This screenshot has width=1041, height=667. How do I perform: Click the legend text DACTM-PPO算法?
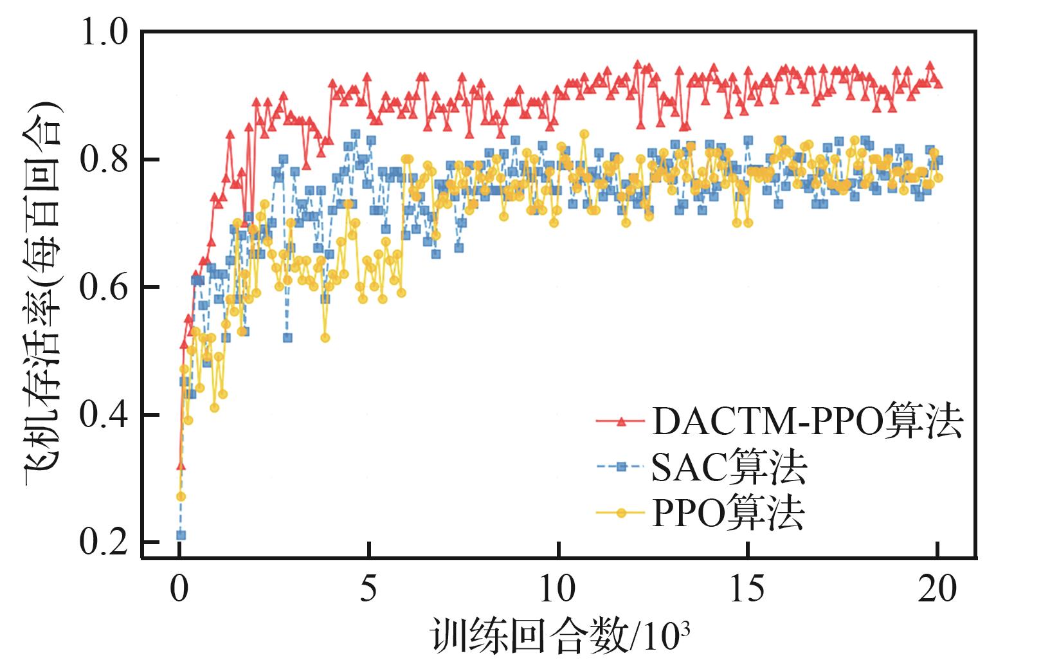click(x=808, y=422)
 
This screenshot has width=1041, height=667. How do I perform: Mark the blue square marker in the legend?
click(x=621, y=468)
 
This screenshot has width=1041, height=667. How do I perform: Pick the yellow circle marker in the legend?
click(x=621, y=513)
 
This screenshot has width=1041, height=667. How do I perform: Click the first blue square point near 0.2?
click(x=181, y=535)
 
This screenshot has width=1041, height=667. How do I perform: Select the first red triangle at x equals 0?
click(x=181, y=465)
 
